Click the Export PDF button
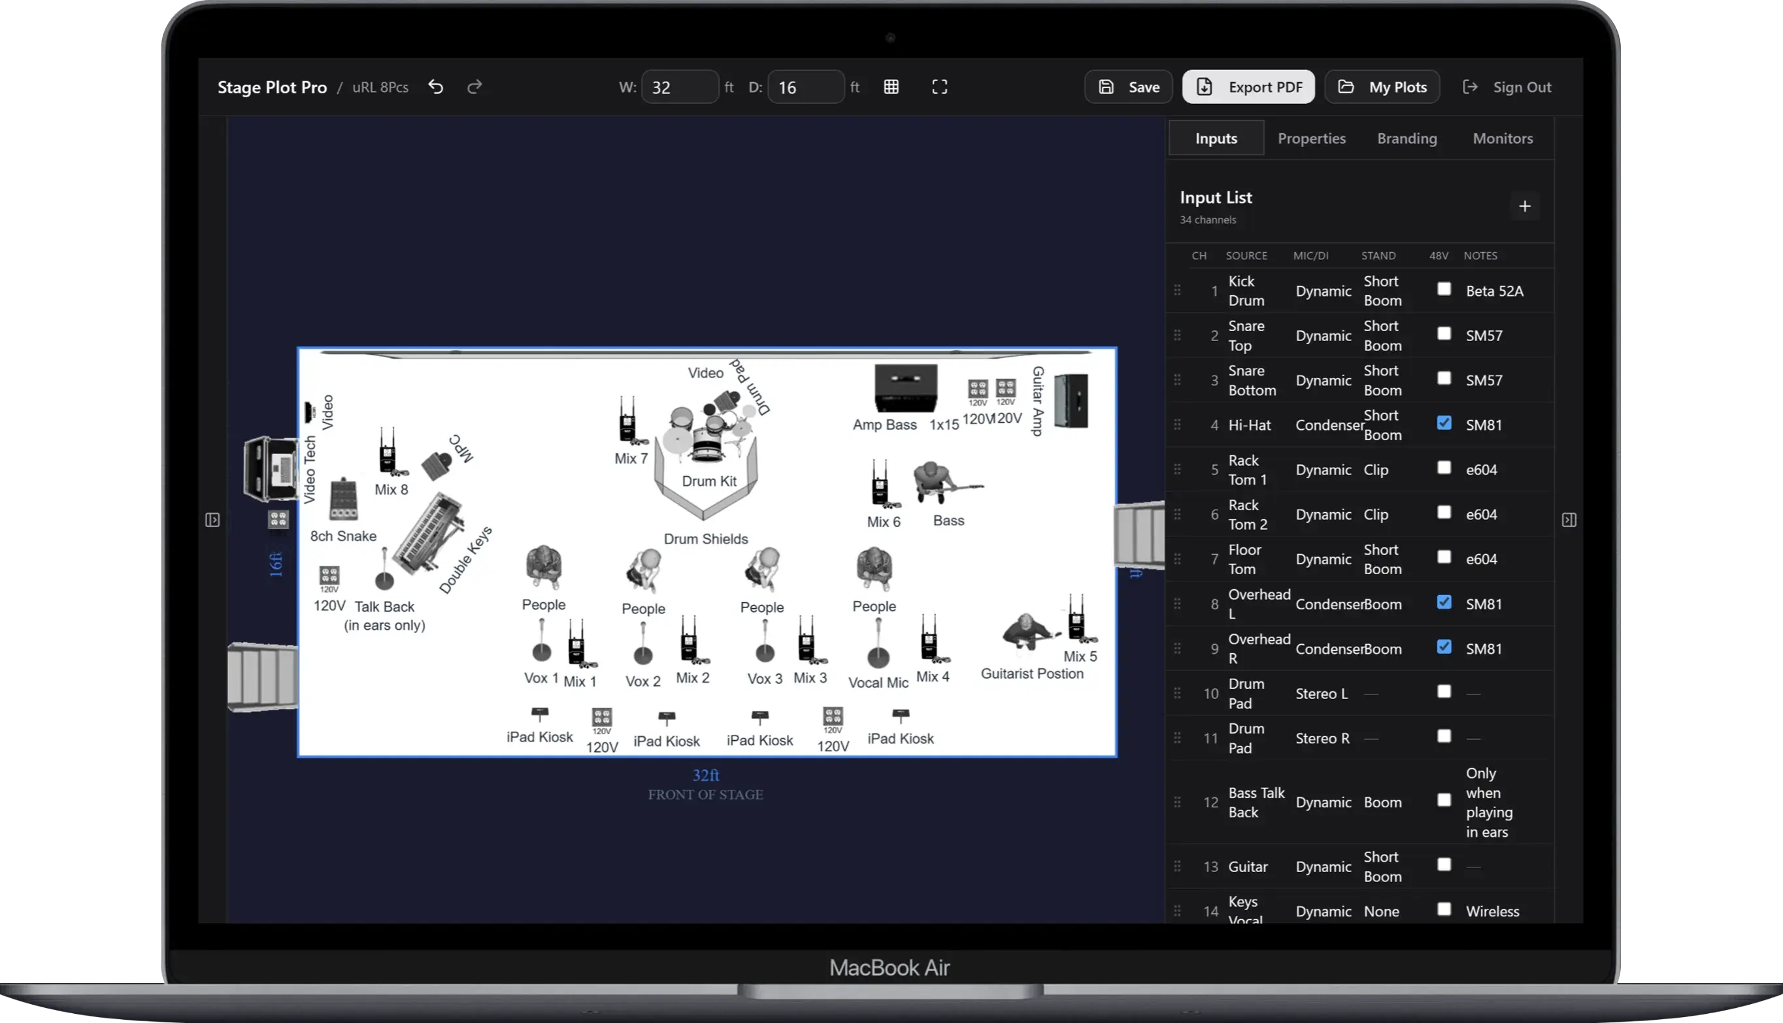pos(1248,87)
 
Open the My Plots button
pos(1382,87)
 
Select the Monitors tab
pos(1503,138)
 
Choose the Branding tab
pos(1407,138)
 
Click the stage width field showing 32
pos(679,87)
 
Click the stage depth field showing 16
pos(805,87)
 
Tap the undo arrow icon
pos(436,87)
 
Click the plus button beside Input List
pos(1524,206)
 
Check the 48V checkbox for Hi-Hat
pos(1444,423)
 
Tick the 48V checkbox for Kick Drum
pos(1444,289)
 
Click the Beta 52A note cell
pos(1494,291)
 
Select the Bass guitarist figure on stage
pos(942,483)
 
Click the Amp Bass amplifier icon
pos(905,388)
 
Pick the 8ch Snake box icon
pos(344,499)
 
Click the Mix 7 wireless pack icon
pos(627,421)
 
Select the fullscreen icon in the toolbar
pos(940,87)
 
